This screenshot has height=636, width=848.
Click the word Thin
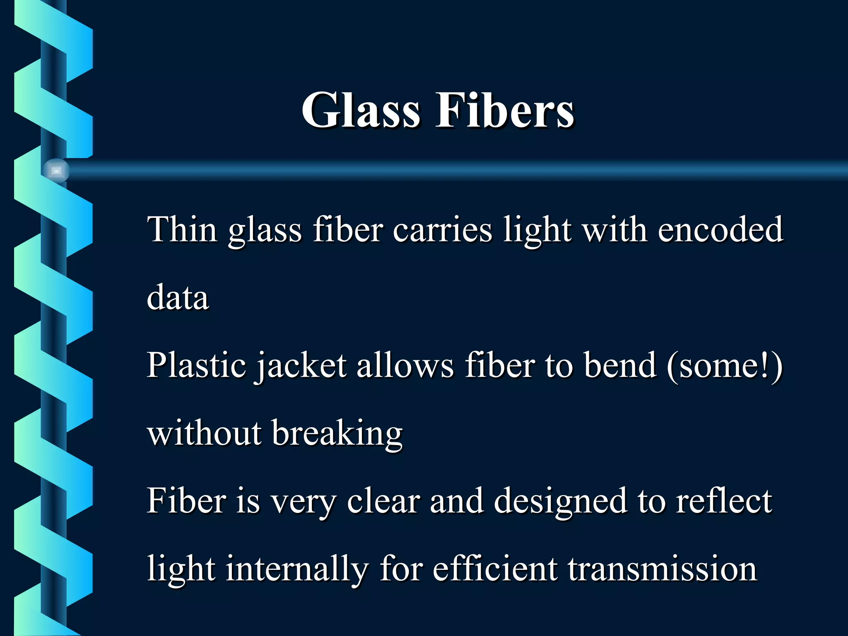(182, 229)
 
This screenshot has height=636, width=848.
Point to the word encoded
(720, 229)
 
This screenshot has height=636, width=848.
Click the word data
(178, 297)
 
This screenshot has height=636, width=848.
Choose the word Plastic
(197, 365)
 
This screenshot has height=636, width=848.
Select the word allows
(405, 365)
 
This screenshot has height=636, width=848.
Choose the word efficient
(495, 568)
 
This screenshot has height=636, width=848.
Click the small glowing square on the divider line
(56, 171)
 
